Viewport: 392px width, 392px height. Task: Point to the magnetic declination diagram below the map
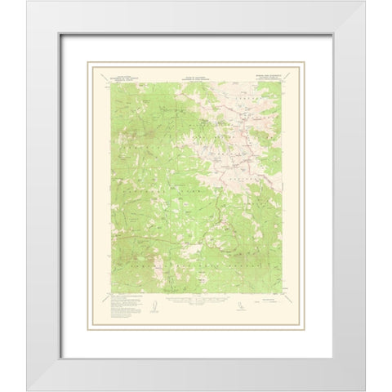click(153, 305)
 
